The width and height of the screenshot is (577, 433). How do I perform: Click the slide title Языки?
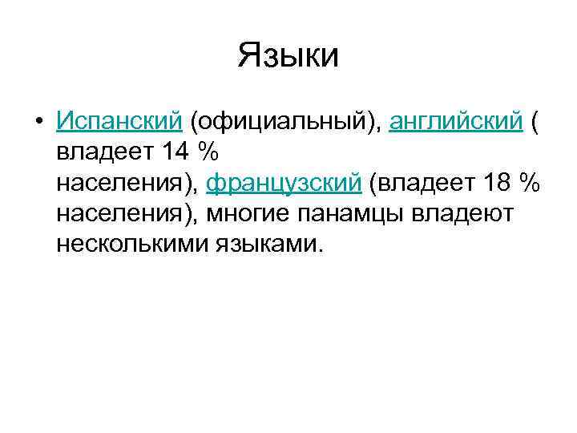[288, 56]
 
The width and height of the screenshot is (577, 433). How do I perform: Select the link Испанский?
[119, 121]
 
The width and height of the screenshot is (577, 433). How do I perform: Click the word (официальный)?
[284, 121]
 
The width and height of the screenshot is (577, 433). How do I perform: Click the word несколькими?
[131, 243]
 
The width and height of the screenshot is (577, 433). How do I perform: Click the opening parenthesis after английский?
[536, 122]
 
